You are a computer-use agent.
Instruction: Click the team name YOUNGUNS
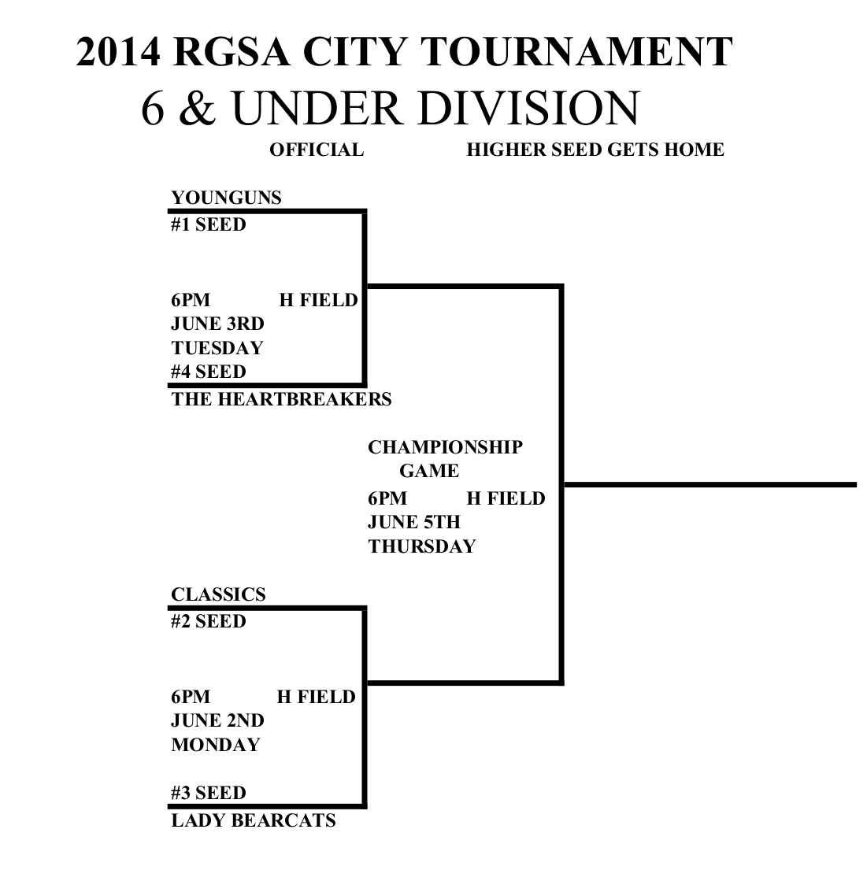pyautogui.click(x=226, y=198)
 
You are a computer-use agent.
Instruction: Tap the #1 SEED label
pyautogui.click(x=209, y=225)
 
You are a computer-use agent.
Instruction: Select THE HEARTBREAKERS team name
pyautogui.click(x=281, y=399)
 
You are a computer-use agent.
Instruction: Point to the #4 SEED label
pyautogui.click(x=209, y=372)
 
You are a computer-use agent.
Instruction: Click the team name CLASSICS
pyautogui.click(x=218, y=594)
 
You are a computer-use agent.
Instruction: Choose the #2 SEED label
pyautogui.click(x=209, y=622)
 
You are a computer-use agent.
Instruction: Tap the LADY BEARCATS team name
pyautogui.click(x=253, y=821)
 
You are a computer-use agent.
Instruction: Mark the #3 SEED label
pyautogui.click(x=209, y=793)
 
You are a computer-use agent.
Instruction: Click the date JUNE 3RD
pyautogui.click(x=217, y=324)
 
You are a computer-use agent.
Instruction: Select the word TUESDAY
pyautogui.click(x=217, y=348)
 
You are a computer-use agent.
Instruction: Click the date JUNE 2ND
pyautogui.click(x=217, y=720)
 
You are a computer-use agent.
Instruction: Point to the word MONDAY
pyautogui.click(x=216, y=745)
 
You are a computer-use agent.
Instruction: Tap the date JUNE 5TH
pyautogui.click(x=414, y=522)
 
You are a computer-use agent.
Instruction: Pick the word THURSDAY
pyautogui.click(x=422, y=546)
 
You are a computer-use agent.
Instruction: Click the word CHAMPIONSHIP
pyautogui.click(x=445, y=448)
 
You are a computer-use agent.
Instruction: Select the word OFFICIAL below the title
pyautogui.click(x=317, y=150)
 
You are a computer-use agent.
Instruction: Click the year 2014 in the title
pyautogui.click(x=119, y=52)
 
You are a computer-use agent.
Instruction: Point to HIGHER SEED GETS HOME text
pyautogui.click(x=595, y=150)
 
